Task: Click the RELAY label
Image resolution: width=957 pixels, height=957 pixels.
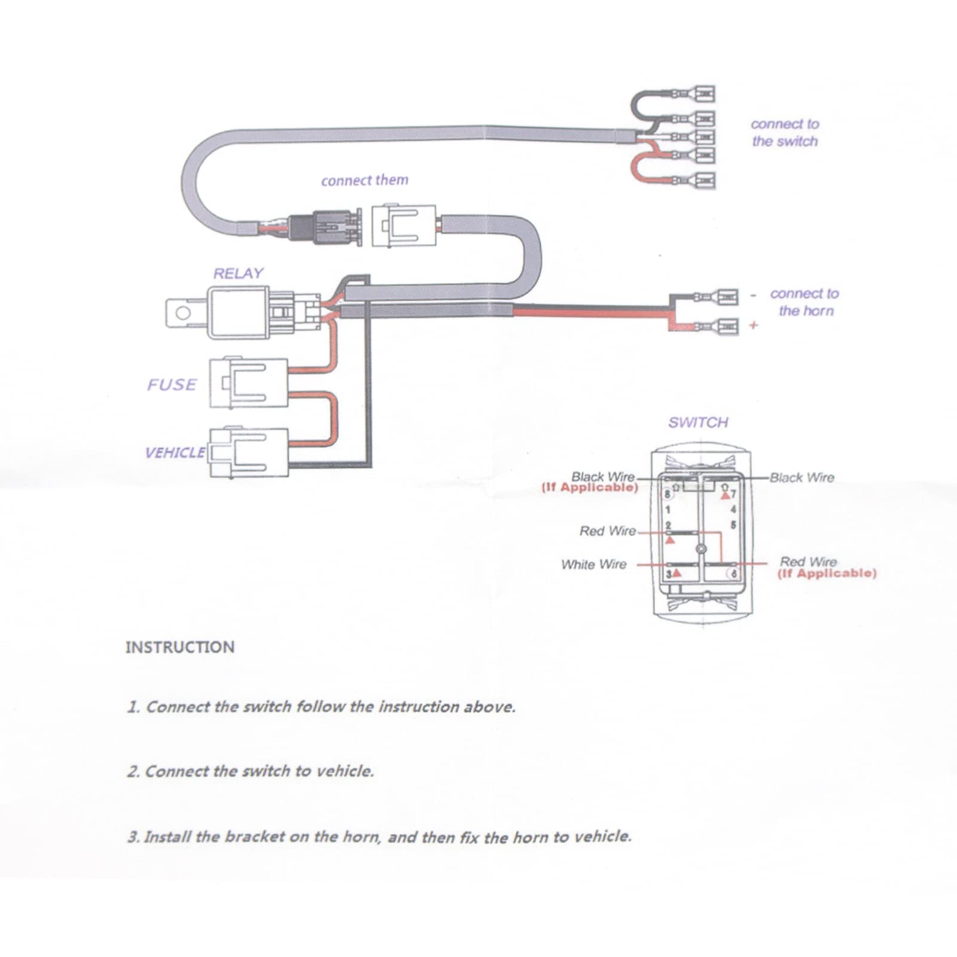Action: pos(238,273)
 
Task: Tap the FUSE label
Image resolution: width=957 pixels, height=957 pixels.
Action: pos(172,385)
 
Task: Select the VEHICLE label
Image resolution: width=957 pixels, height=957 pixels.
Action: pos(175,452)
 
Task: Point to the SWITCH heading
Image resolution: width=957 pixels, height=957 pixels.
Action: pos(698,422)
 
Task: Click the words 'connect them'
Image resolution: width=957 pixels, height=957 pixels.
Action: pos(364,180)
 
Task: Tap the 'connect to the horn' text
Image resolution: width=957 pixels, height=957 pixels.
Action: pos(804,302)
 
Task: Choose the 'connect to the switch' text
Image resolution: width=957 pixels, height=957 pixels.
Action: pos(785,133)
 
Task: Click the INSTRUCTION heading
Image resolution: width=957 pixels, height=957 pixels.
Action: pos(179,647)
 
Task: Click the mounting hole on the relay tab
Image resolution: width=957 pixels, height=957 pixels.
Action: pos(182,313)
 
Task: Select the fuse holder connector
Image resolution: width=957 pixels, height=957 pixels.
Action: pos(248,383)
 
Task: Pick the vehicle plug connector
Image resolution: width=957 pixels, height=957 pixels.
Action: pos(248,453)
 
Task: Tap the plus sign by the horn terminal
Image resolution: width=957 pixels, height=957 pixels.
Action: pos(754,325)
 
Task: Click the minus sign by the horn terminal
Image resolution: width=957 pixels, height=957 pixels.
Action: pos(754,295)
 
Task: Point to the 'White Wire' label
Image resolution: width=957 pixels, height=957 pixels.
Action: pos(593,565)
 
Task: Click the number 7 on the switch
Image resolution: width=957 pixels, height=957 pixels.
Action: pos(733,495)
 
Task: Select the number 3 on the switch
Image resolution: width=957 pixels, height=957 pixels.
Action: pos(669,574)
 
